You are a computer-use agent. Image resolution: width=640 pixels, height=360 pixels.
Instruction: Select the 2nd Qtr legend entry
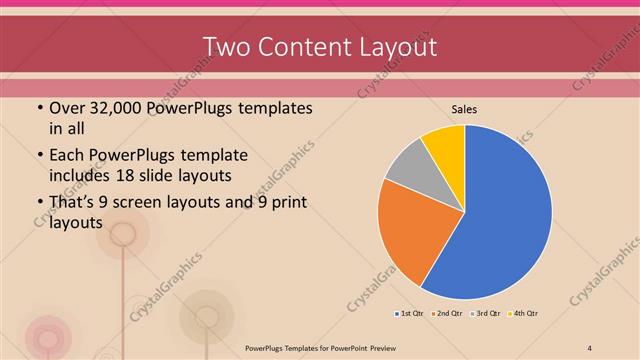coord(446,314)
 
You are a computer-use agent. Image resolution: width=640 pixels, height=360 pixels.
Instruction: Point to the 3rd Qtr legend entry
coord(485,314)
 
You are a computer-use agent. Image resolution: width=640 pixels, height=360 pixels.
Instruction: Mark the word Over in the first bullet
coord(66,108)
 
